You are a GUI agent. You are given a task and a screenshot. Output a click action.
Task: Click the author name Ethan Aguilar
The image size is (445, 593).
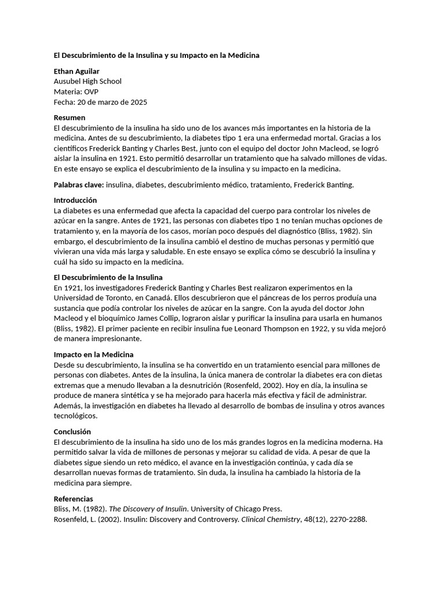(x=76, y=71)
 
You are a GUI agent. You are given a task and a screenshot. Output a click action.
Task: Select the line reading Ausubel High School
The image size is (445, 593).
(x=87, y=82)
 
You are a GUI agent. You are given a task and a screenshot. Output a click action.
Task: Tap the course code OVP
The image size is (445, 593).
(x=91, y=92)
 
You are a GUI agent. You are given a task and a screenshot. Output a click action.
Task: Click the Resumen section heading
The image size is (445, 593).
(x=70, y=118)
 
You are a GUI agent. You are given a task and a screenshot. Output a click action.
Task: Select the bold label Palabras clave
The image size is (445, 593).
(x=78, y=185)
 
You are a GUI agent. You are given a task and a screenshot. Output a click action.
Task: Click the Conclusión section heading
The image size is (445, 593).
(x=72, y=432)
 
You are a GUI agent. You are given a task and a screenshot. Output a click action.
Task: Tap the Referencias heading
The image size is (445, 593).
(x=73, y=499)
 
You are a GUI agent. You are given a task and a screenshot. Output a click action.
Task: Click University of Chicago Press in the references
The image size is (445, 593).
(x=238, y=509)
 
